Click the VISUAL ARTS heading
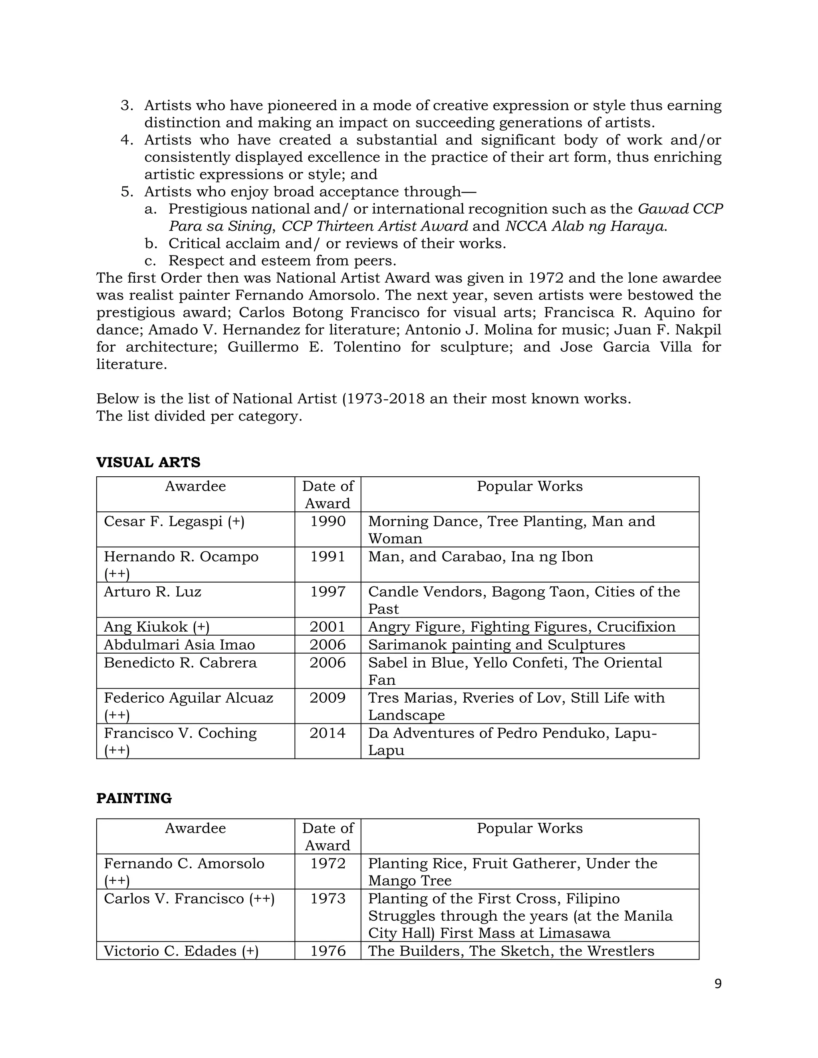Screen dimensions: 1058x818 click(x=148, y=462)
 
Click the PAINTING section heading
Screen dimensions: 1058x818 click(x=134, y=798)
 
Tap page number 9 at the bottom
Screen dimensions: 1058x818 click(x=718, y=983)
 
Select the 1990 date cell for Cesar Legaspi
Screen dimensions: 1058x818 click(x=328, y=521)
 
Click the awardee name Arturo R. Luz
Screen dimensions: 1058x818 click(x=152, y=592)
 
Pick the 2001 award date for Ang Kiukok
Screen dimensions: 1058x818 click(x=328, y=627)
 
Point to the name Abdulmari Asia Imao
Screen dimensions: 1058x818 click(x=179, y=645)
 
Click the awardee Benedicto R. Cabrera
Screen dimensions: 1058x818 click(x=180, y=663)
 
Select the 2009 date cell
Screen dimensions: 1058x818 click(x=328, y=698)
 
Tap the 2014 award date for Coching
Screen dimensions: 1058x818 click(x=328, y=733)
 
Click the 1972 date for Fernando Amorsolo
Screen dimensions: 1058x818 click(x=328, y=863)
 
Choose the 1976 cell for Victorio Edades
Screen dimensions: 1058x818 click(x=328, y=951)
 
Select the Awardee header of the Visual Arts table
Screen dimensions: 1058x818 click(x=195, y=486)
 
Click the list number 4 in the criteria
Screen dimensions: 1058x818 click(x=127, y=140)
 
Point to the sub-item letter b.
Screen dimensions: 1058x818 click(x=151, y=243)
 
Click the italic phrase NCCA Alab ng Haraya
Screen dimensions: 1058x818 click(x=586, y=226)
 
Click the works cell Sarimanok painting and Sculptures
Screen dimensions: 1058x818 click(x=496, y=645)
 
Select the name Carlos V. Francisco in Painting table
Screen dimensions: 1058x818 click(x=174, y=899)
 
